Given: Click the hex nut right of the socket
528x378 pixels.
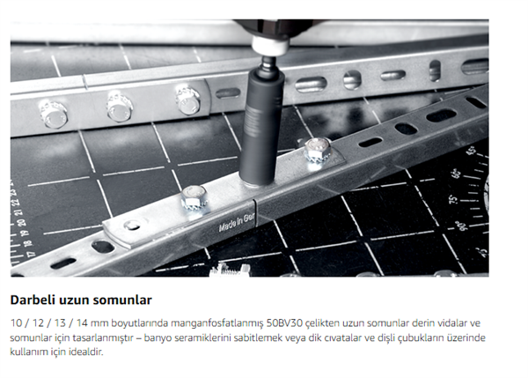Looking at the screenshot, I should [x=316, y=155].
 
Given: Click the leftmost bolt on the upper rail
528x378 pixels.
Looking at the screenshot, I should [x=54, y=112].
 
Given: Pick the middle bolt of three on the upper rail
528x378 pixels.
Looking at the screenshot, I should [x=120, y=106].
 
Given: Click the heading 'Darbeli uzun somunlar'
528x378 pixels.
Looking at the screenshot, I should [x=81, y=300].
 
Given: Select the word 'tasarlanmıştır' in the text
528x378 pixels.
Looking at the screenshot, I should [x=90, y=338].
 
